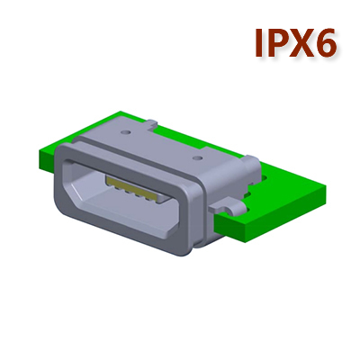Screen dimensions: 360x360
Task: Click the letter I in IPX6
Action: tap(258, 43)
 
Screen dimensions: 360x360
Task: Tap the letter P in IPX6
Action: tap(277, 43)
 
